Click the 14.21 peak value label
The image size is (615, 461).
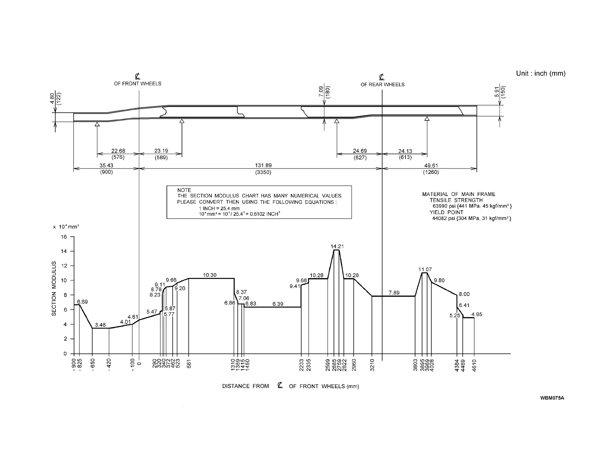(x=337, y=246)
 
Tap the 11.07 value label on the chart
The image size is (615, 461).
(x=425, y=269)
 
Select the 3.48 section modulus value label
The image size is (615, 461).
(x=100, y=325)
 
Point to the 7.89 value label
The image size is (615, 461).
(x=394, y=293)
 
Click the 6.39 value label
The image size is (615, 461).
(x=278, y=304)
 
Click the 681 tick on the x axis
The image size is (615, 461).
(x=189, y=365)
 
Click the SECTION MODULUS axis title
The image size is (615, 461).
(x=54, y=288)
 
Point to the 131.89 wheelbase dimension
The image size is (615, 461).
(x=263, y=165)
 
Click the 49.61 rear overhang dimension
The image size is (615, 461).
(x=431, y=165)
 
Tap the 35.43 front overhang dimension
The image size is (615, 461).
(x=106, y=165)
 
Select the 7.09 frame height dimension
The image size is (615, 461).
(x=321, y=91)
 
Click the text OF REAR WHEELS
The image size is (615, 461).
(x=382, y=84)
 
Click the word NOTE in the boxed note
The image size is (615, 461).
(x=184, y=190)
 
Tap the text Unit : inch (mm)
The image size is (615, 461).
(x=541, y=74)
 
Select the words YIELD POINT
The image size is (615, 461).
(x=446, y=212)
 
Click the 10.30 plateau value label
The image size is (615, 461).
(x=210, y=275)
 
